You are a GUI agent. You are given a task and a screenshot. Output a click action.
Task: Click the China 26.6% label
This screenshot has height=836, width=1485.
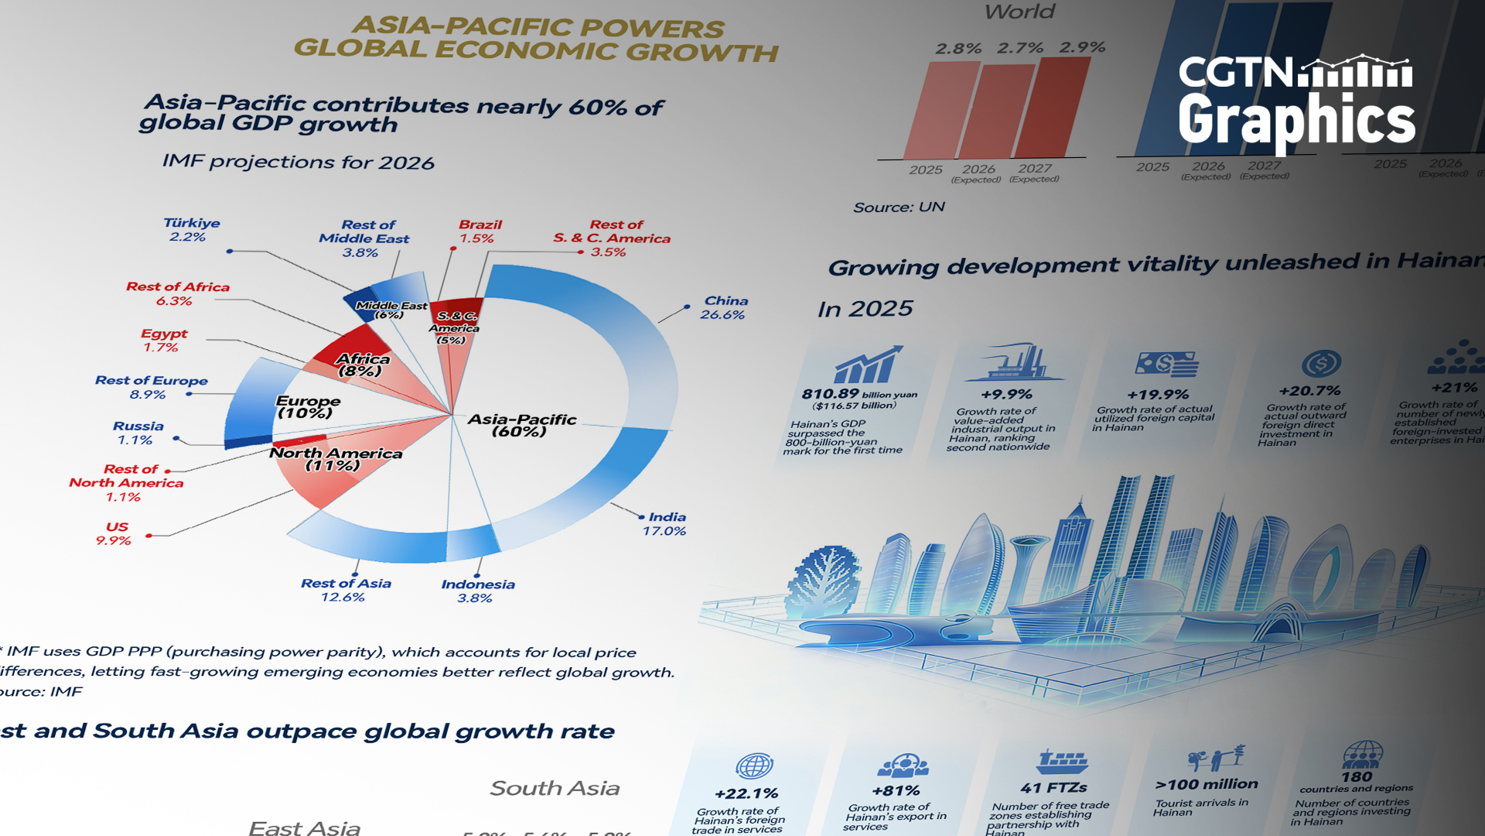724,307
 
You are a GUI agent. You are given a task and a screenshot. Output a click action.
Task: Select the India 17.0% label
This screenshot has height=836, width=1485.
665,524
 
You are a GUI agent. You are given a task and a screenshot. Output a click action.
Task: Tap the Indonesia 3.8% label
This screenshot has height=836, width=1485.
477,591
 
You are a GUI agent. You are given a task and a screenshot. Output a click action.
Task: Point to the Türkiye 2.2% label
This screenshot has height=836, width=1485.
190,230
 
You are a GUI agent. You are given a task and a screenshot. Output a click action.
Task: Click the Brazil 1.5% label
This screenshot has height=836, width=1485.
479,231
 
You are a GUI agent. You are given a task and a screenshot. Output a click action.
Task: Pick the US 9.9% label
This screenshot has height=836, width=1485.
114,533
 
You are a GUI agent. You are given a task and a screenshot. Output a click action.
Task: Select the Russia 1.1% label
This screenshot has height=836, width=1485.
137,433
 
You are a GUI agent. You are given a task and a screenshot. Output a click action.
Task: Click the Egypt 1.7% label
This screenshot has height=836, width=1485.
162,341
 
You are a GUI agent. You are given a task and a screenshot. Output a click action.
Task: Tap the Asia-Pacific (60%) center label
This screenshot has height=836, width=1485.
521,425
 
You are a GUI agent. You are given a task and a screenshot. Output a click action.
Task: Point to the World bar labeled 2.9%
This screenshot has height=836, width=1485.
1053,108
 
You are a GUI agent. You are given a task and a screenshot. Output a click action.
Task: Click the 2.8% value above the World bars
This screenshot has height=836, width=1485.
958,49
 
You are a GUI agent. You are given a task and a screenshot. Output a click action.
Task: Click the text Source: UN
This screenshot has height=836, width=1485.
898,207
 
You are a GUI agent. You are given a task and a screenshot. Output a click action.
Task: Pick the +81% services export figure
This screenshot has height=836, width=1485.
895,791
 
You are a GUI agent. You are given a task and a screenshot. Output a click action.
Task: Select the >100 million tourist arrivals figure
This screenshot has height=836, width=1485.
1206,784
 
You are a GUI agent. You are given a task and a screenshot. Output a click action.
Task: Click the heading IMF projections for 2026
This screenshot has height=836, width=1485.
298,162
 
